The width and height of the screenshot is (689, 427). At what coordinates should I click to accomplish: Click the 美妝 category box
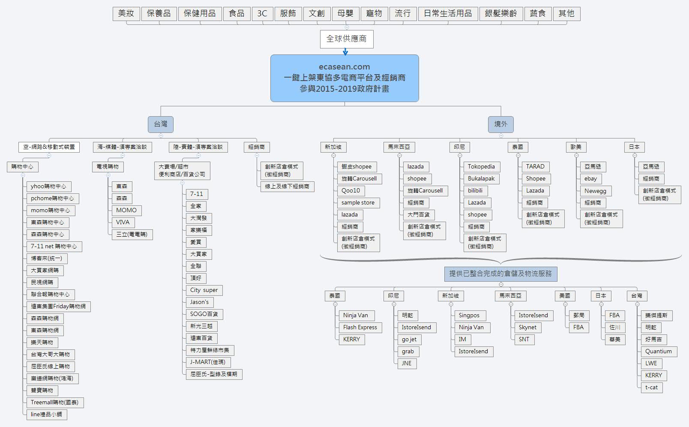click(126, 14)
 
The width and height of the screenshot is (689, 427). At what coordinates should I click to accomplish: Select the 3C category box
click(262, 14)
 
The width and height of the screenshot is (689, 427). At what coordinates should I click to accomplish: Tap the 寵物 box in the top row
click(374, 14)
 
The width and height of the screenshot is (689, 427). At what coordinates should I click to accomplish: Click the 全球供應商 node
click(346, 39)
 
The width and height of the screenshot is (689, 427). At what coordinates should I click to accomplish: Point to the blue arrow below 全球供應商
click(345, 52)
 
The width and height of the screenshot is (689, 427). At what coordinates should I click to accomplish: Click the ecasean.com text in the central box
click(344, 67)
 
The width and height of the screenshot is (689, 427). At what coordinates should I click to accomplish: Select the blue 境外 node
click(500, 124)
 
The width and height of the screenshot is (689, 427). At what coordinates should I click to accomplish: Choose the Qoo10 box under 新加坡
click(350, 191)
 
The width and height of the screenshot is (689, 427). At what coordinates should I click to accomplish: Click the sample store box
click(358, 203)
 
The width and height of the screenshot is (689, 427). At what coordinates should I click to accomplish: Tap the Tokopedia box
click(481, 167)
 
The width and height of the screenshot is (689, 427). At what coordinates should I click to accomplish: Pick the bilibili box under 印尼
click(475, 191)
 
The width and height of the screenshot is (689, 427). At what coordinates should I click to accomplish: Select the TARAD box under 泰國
click(535, 167)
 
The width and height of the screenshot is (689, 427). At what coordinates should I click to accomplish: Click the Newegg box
click(595, 191)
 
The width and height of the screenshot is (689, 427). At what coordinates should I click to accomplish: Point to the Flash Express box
click(360, 328)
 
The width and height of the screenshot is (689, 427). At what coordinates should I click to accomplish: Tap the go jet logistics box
click(409, 340)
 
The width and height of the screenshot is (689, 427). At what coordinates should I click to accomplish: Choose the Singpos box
click(469, 316)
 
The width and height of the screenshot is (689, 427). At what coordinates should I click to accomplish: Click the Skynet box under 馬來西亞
click(527, 328)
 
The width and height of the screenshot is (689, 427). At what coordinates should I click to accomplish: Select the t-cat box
click(651, 388)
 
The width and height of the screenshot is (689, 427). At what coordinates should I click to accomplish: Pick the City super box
click(204, 290)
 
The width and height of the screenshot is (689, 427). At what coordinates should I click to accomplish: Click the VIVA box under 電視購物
click(123, 223)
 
